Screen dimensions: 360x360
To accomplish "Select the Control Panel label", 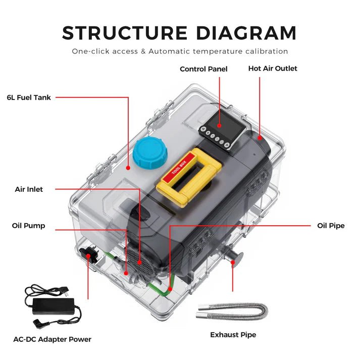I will click(203, 69).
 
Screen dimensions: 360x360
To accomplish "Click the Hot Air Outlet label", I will click(273, 68).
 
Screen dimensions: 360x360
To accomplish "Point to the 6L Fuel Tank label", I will click(29, 97).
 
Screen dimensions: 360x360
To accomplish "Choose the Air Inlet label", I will click(29, 189).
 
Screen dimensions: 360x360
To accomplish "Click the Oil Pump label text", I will click(28, 226).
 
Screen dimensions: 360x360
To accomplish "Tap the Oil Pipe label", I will click(331, 226).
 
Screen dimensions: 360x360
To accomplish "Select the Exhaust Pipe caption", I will click(233, 335).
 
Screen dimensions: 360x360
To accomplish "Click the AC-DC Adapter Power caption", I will click(53, 339).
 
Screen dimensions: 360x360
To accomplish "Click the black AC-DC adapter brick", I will click(53, 304).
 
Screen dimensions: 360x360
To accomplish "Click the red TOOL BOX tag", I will click(179, 163).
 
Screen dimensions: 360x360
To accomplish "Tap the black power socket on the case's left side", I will click(89, 254).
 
